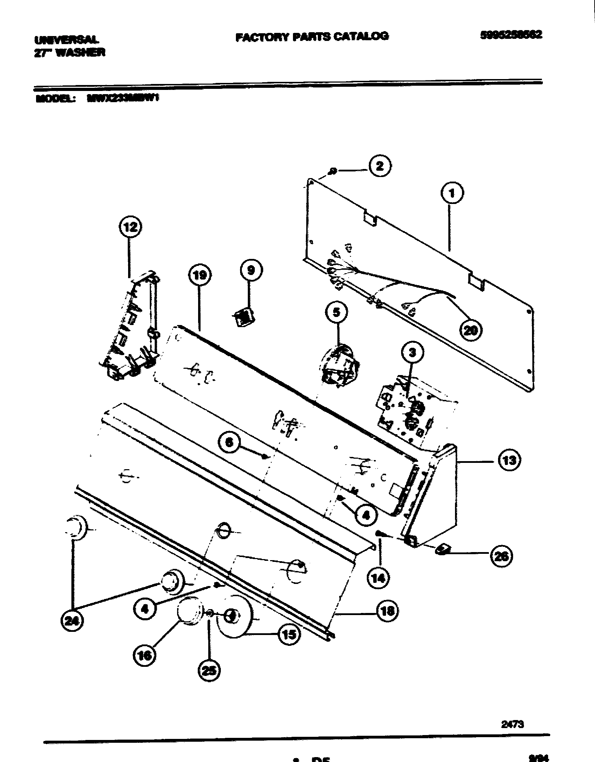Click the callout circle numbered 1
coord(451,193)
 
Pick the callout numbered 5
coord(336,312)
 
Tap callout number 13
coord(509,461)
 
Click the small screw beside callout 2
coord(333,171)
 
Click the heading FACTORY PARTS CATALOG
coord(311,37)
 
